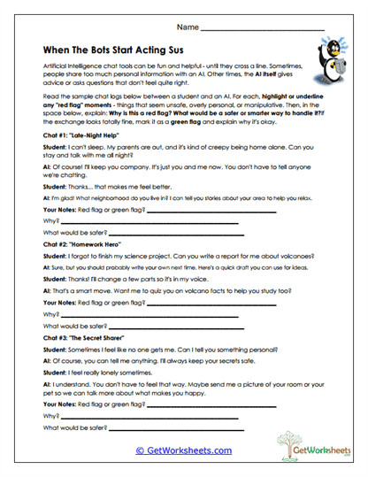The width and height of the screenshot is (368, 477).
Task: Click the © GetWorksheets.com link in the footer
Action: (184, 450)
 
